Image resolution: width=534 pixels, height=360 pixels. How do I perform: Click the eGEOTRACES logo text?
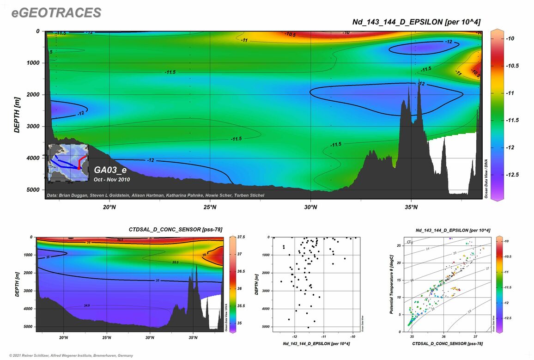[56, 13]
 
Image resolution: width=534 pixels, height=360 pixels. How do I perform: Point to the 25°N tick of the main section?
[210, 207]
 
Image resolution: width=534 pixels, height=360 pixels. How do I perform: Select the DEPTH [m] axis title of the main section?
[17, 111]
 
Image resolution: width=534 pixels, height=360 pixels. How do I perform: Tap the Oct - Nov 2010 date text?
[112, 179]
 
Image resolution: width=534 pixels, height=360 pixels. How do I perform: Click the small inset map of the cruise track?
[68, 163]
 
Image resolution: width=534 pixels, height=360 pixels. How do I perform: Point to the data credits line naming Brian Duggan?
[156, 195]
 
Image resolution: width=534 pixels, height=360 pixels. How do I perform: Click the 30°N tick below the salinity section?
[150, 338]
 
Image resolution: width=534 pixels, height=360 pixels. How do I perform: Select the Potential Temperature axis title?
[391, 287]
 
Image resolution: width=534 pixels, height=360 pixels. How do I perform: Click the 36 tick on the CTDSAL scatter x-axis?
[443, 337]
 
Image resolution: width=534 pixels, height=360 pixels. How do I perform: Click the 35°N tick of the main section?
[411, 207]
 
